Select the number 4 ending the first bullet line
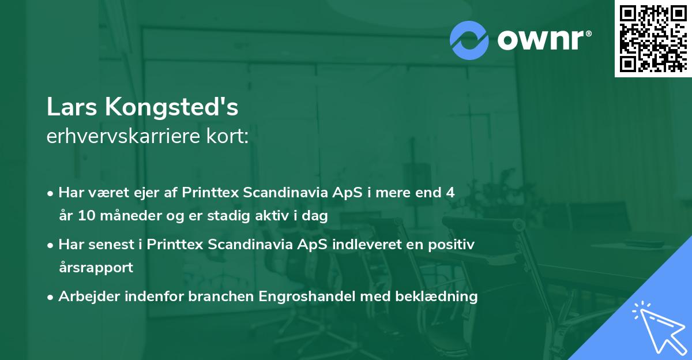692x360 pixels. click(x=450, y=193)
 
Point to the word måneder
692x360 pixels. click(x=126, y=216)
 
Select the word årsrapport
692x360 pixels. click(x=95, y=268)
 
